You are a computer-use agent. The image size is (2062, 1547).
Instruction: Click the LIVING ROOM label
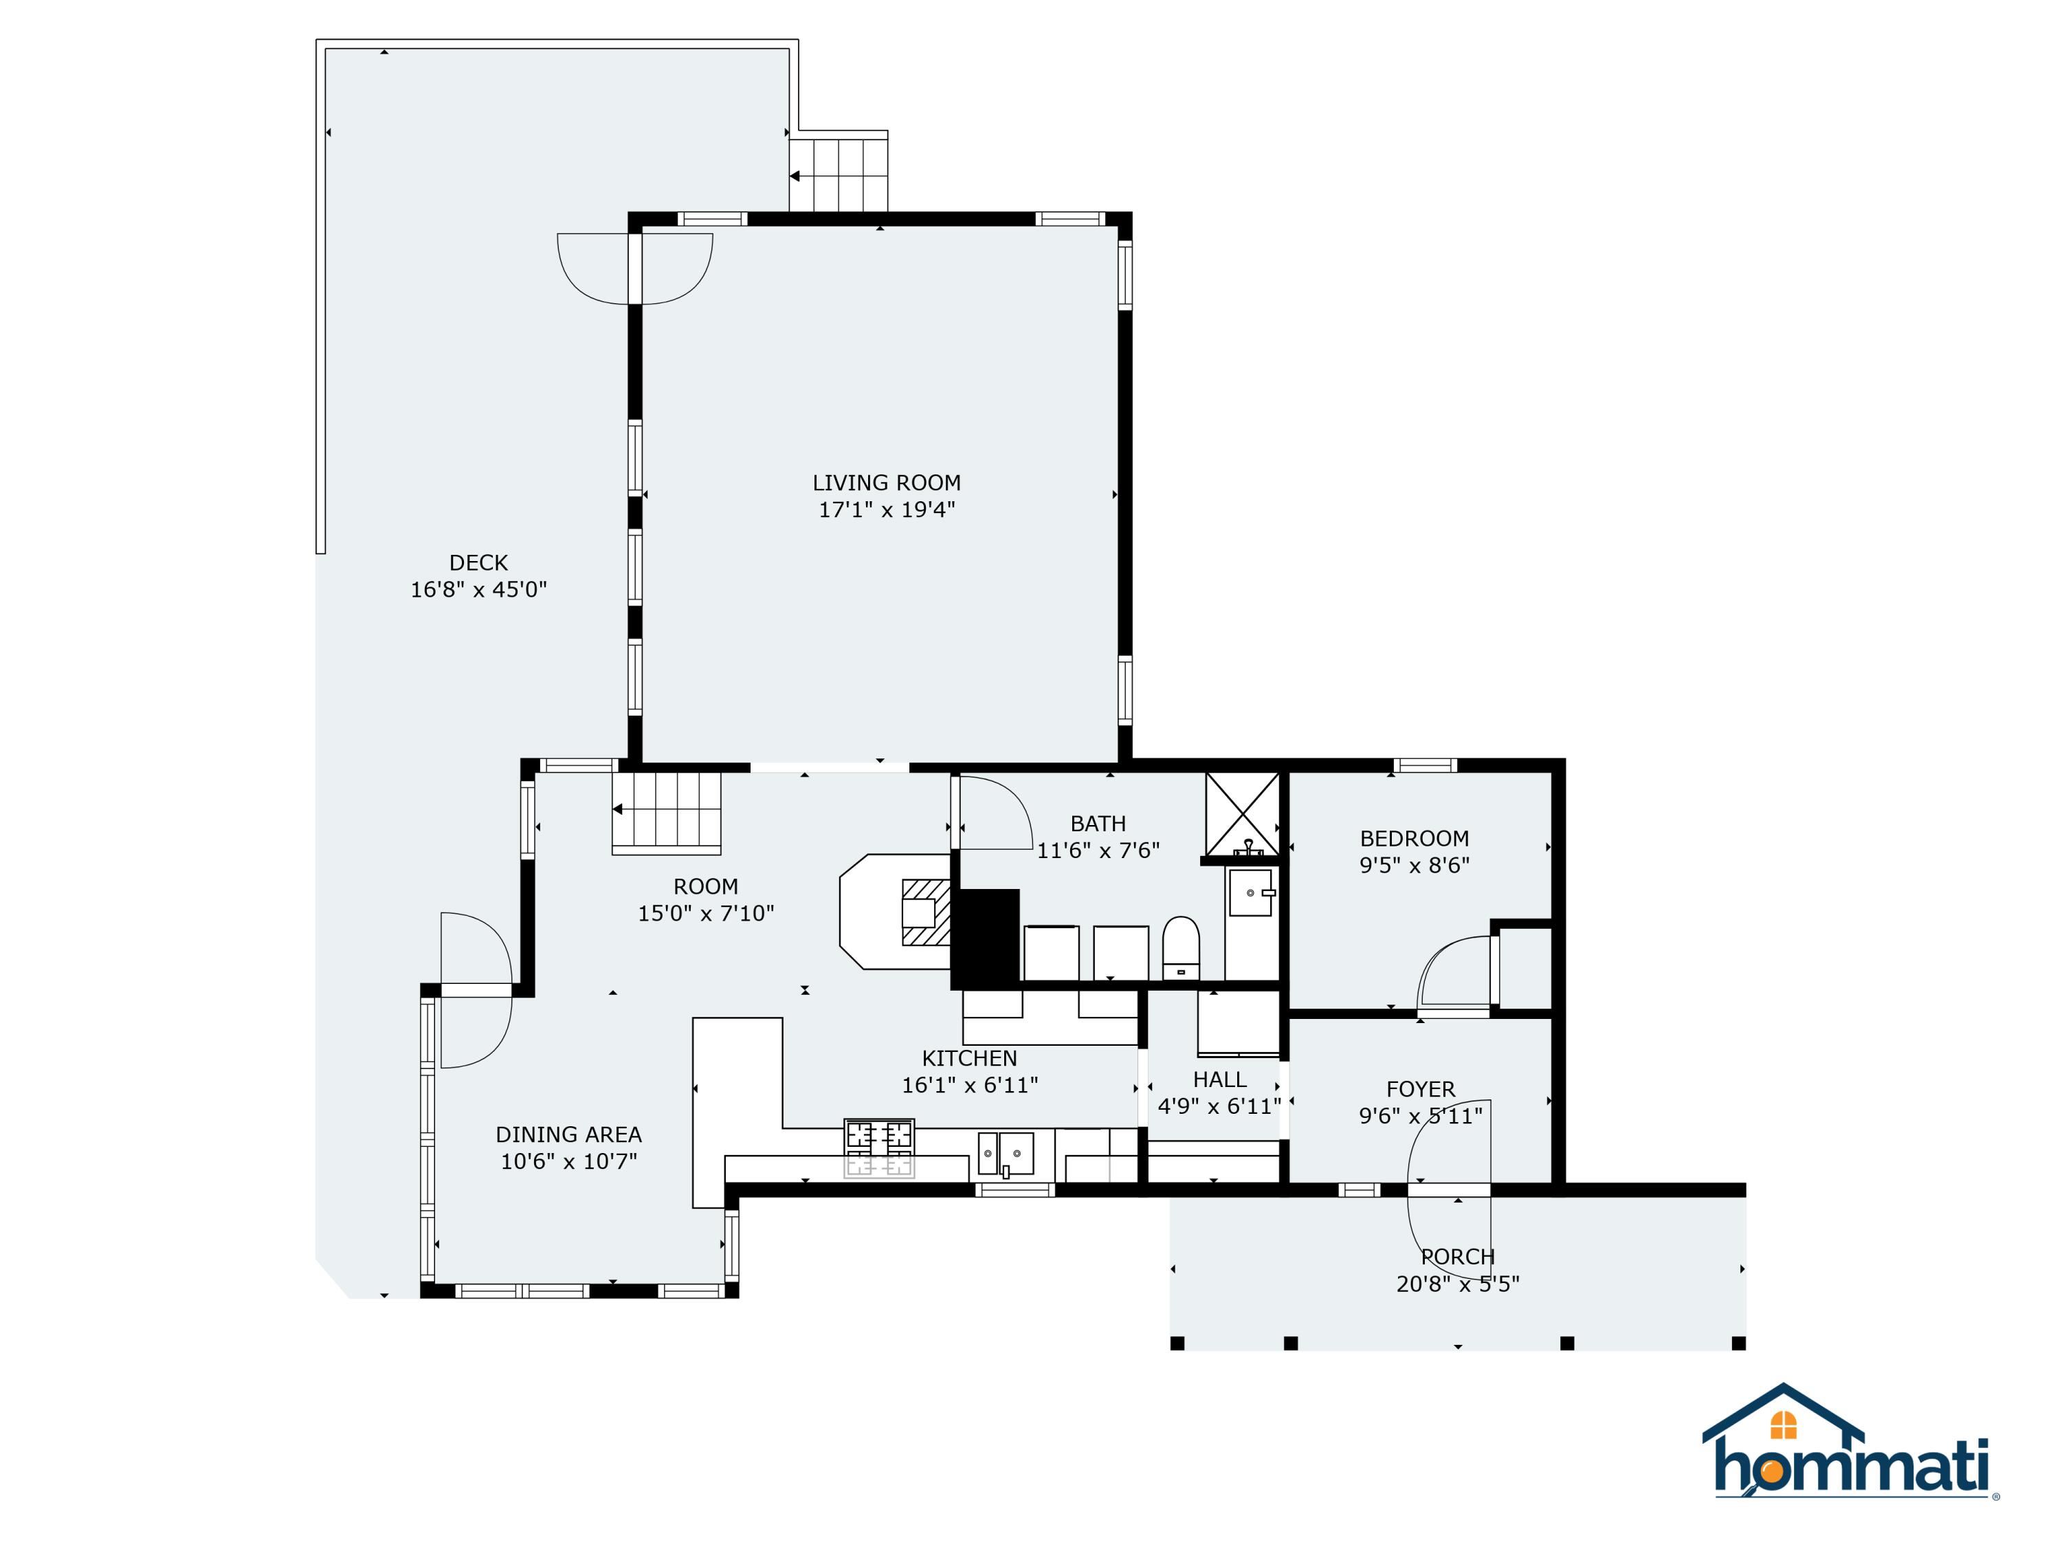(x=885, y=483)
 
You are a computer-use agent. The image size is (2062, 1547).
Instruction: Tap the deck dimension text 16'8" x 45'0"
(x=478, y=589)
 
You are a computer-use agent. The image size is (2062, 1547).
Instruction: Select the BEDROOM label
(x=1413, y=838)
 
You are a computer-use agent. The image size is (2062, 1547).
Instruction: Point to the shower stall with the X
(x=1242, y=813)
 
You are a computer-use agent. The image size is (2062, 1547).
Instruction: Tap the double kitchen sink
(x=1006, y=1154)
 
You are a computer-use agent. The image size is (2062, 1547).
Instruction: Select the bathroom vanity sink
(x=1250, y=892)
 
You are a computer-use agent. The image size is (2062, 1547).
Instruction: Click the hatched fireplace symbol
(x=924, y=912)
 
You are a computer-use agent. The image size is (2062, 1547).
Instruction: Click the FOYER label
(x=1420, y=1089)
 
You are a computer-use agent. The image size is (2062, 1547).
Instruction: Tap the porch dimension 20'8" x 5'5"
(x=1457, y=1284)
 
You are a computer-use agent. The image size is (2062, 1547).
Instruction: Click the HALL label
(x=1219, y=1080)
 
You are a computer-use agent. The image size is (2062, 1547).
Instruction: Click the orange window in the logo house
(x=1782, y=1426)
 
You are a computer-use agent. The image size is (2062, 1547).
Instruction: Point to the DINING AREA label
(x=568, y=1135)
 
